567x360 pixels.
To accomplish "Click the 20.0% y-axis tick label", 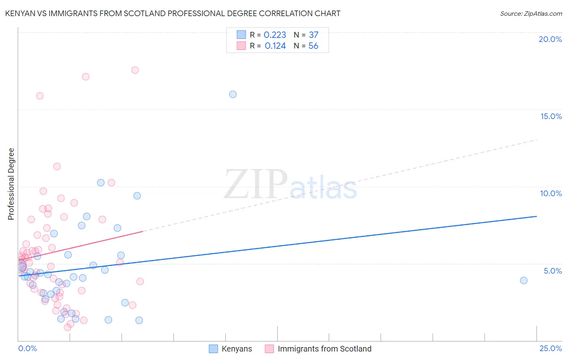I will click(550, 39).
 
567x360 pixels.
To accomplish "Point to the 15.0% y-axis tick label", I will click(551, 116).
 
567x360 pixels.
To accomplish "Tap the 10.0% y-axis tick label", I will click(551, 193).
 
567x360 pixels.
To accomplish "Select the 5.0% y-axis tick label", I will click(552, 271).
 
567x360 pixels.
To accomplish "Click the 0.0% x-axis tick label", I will click(27, 348).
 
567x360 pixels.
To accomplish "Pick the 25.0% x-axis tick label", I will click(550, 348).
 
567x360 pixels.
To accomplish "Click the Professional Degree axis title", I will click(11, 184).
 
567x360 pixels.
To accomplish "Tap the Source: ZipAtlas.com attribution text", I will click(531, 13).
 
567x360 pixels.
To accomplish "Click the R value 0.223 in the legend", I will click(275, 35).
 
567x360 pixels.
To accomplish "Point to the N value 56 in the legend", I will click(313, 46).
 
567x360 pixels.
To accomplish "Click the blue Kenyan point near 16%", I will click(233, 94).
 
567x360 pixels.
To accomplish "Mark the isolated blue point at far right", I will click(523, 280).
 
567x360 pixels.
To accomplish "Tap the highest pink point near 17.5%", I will click(135, 70).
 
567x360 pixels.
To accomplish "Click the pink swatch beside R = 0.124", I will click(241, 46).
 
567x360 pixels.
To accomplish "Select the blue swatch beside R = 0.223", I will click(241, 35).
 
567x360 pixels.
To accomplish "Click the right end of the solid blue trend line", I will click(536, 216).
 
